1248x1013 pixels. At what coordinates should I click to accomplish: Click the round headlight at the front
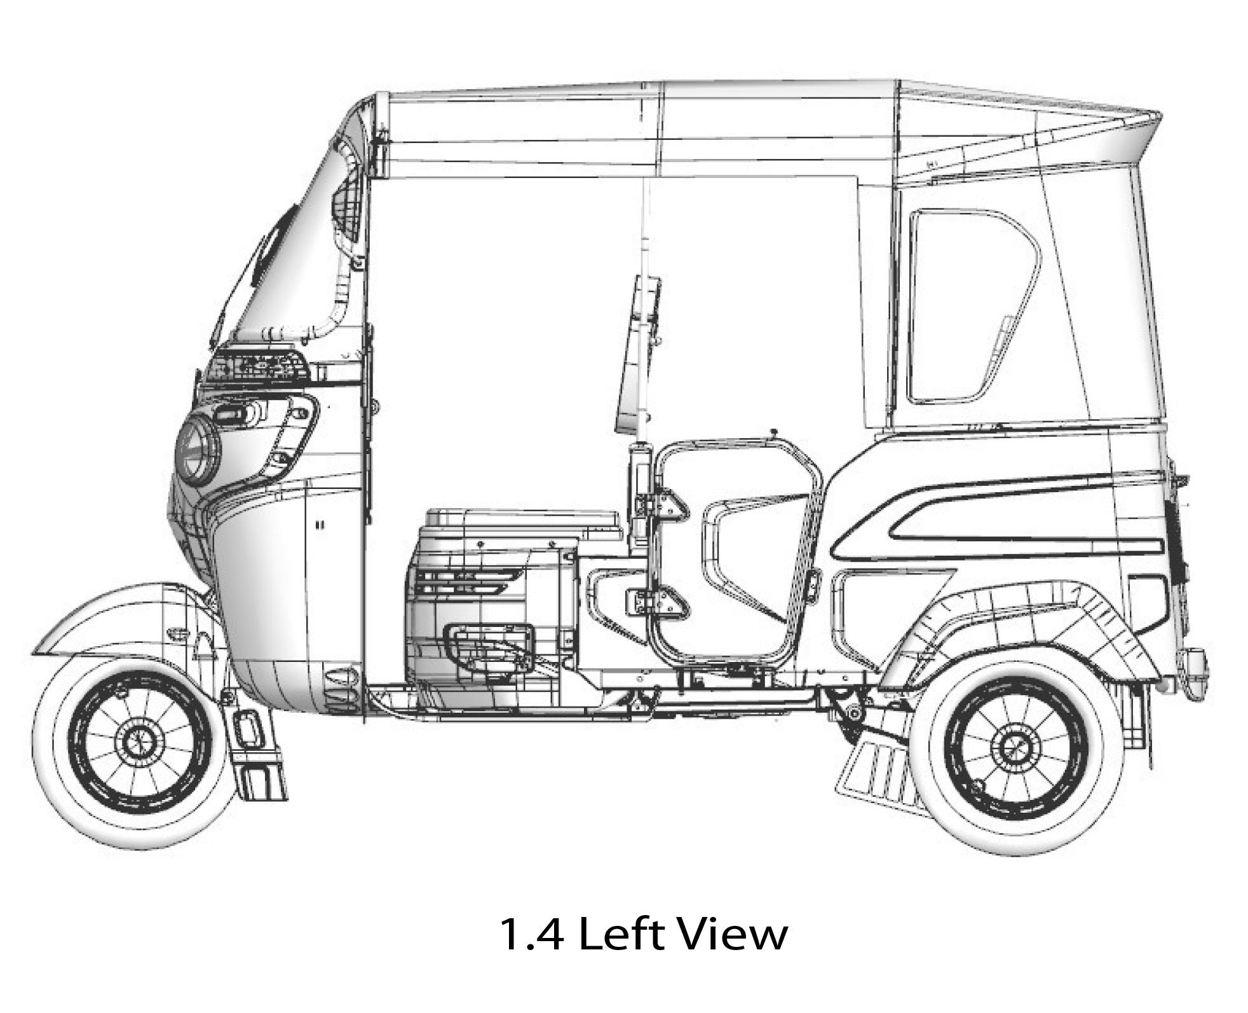[x=198, y=450]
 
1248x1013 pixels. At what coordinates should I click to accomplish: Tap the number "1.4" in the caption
[x=531, y=934]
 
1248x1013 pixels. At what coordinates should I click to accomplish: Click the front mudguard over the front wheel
[x=121, y=620]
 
